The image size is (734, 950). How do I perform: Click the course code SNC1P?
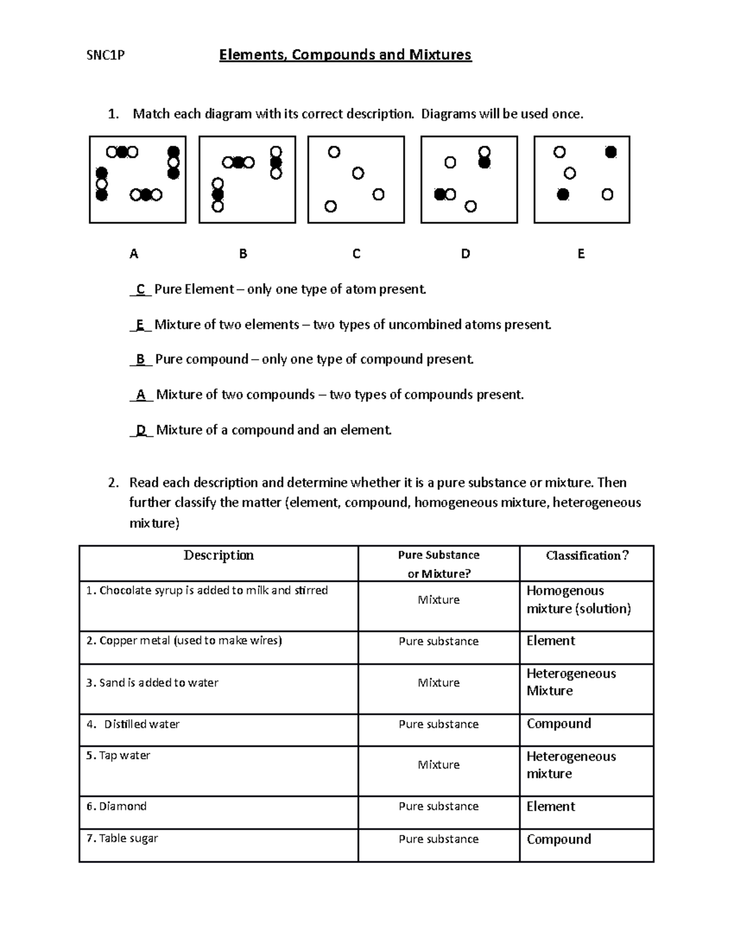(x=105, y=56)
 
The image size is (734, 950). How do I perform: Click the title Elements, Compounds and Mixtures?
(x=345, y=55)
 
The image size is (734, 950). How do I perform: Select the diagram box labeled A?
(x=138, y=179)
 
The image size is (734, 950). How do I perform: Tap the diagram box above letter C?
(x=356, y=179)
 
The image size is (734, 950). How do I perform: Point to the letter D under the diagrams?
(x=465, y=254)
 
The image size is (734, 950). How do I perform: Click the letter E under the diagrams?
(x=581, y=254)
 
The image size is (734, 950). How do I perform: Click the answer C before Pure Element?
(x=141, y=289)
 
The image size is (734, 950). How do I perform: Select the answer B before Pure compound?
(x=141, y=359)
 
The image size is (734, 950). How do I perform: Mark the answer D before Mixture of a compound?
(x=141, y=430)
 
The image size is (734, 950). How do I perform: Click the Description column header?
(x=218, y=555)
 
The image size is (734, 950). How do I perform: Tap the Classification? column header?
(x=587, y=555)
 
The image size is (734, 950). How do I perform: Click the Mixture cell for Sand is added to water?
(x=439, y=683)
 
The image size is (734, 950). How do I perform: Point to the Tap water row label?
(x=118, y=755)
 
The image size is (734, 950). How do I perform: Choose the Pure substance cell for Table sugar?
(x=439, y=839)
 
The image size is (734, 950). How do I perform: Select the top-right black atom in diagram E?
(x=610, y=152)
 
